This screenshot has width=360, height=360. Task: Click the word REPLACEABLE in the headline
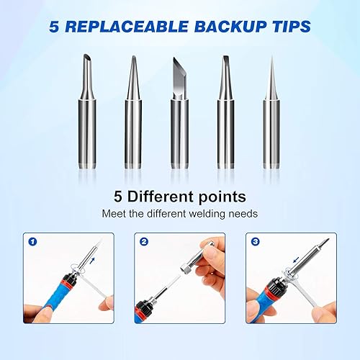127,27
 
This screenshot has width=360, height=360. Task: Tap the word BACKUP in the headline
230,27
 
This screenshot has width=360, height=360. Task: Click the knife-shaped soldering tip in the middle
179,113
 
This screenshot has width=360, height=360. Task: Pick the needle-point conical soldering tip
271,113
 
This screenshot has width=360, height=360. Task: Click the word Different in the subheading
160,197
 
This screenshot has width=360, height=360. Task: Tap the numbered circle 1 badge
32,241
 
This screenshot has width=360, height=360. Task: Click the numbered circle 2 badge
144,241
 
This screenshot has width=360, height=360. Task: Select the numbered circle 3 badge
256,241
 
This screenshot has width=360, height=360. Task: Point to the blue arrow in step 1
92,261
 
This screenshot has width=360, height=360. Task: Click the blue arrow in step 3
296,259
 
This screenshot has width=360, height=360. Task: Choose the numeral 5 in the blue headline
54,27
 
